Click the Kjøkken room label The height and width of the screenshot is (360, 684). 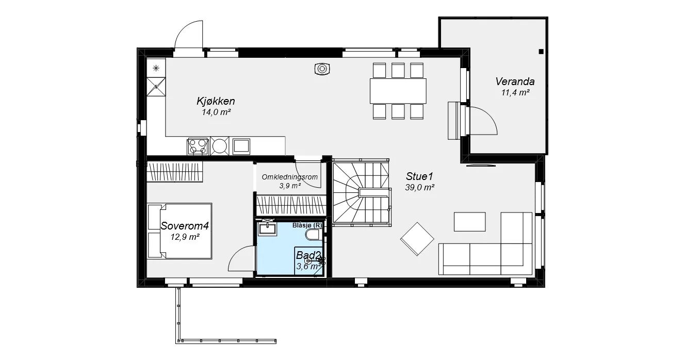(216, 101)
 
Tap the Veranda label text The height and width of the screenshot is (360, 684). (515, 81)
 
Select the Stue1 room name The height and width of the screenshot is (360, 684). (419, 176)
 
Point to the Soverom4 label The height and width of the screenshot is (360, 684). (185, 226)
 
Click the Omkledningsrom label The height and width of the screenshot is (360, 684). (290, 177)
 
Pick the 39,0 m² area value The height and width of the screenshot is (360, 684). (419, 188)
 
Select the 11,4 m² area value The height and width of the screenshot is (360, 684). (515, 92)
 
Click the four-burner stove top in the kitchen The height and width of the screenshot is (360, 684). (198, 146)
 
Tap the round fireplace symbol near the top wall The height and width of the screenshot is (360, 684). (322, 69)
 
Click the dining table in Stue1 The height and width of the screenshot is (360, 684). (398, 91)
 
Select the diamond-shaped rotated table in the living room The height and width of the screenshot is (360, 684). (417, 239)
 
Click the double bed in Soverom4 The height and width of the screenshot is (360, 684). (180, 231)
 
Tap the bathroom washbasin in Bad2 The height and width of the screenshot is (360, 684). (268, 229)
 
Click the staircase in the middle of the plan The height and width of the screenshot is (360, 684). (362, 193)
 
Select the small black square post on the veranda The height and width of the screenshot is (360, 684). (541, 52)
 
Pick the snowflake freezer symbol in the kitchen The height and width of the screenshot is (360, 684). (156, 68)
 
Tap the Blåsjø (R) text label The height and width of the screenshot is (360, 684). (307, 225)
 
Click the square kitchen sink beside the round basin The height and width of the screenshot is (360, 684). (241, 146)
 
